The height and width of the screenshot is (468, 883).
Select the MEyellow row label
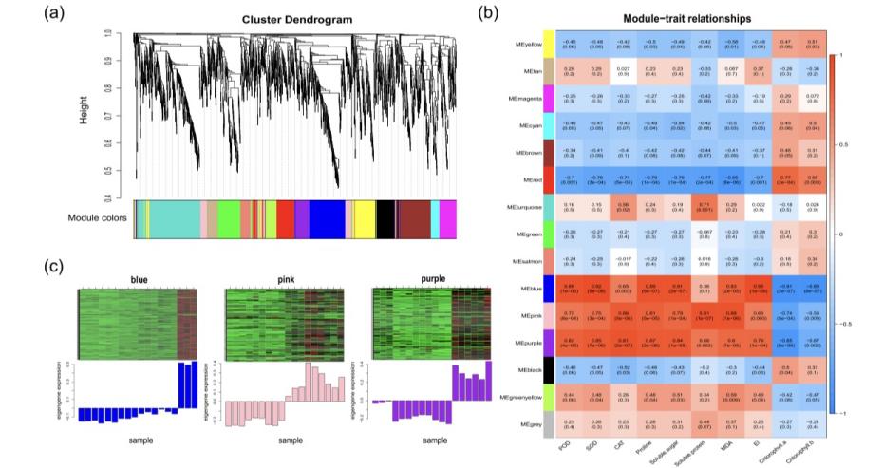point(528,44)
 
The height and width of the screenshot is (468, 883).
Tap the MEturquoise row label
point(524,205)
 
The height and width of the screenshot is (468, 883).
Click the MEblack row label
point(528,365)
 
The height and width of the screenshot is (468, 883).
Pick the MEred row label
point(531,178)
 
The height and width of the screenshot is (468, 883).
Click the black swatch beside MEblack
point(548,365)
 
